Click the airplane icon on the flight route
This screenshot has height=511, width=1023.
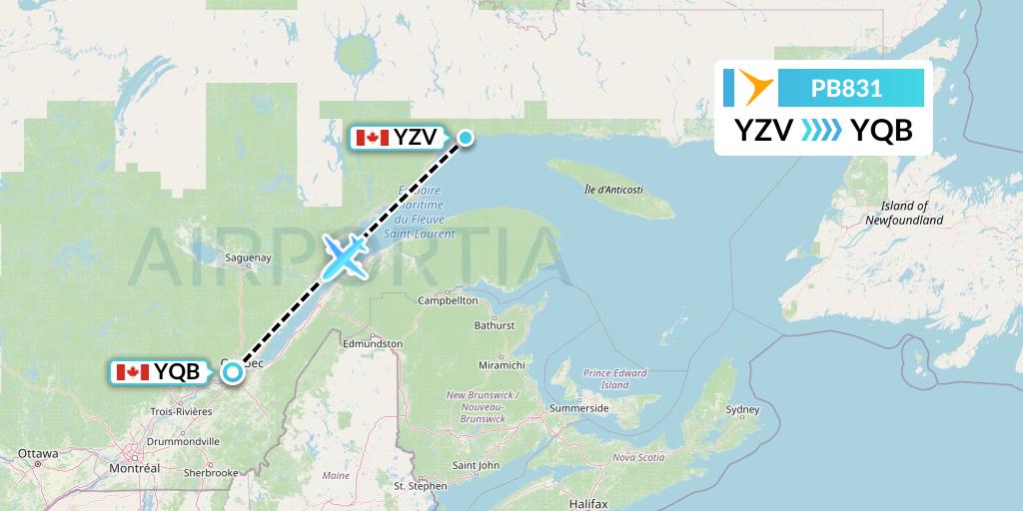[x=345, y=257]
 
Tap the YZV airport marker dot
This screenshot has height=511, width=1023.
[x=466, y=138]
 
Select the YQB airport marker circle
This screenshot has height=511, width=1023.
[x=233, y=372]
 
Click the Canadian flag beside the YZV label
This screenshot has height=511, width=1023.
[x=372, y=138]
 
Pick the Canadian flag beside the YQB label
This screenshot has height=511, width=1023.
[x=133, y=373]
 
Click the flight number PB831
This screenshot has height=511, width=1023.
[x=846, y=88]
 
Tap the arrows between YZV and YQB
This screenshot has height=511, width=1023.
[x=821, y=131]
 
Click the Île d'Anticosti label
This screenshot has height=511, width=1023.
[x=613, y=190]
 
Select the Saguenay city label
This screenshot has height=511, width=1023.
[x=249, y=257]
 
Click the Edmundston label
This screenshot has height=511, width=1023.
[x=372, y=343]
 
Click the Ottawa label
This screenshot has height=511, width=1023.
[x=38, y=453]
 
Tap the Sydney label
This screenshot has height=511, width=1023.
[x=742, y=410]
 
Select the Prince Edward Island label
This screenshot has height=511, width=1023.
[x=615, y=378]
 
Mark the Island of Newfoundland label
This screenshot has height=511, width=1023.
[x=904, y=213]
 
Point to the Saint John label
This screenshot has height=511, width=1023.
[x=476, y=465]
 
